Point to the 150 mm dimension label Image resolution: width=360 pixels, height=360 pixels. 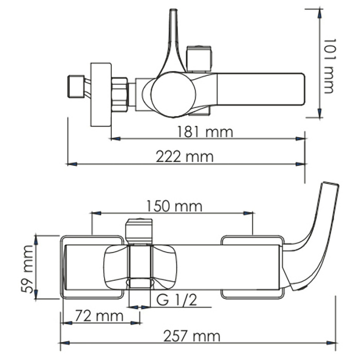click(174, 206)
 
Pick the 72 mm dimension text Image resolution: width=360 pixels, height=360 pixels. click(99, 315)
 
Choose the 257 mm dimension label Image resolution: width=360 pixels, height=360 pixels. click(192, 336)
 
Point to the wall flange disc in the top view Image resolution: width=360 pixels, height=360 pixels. click(101, 94)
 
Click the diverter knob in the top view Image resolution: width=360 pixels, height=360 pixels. click(200, 59)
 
